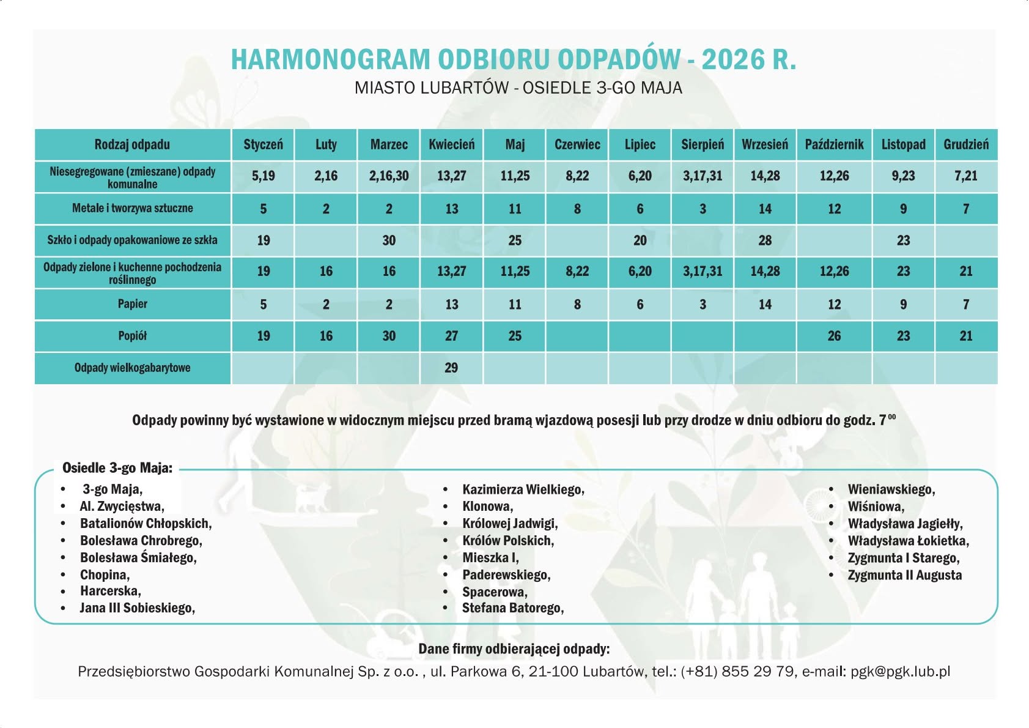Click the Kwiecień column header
click(x=451, y=145)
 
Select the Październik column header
click(x=834, y=145)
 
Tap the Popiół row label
click(x=133, y=336)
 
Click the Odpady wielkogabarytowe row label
click(x=133, y=368)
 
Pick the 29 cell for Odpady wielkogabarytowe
click(x=451, y=368)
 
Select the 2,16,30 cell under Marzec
click(x=389, y=176)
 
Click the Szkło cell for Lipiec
click(x=640, y=240)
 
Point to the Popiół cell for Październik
click(x=834, y=336)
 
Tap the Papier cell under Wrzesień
click(x=765, y=304)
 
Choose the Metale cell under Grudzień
click(x=966, y=209)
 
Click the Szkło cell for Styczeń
click(x=264, y=240)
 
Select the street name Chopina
click(x=105, y=575)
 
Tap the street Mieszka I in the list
click(x=490, y=558)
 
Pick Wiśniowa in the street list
click(x=876, y=507)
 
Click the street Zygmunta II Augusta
click(x=904, y=575)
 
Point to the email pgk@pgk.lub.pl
click(x=900, y=672)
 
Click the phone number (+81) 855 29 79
click(x=738, y=672)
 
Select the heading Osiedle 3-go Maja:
click(x=117, y=469)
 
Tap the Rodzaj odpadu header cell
click(x=133, y=145)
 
